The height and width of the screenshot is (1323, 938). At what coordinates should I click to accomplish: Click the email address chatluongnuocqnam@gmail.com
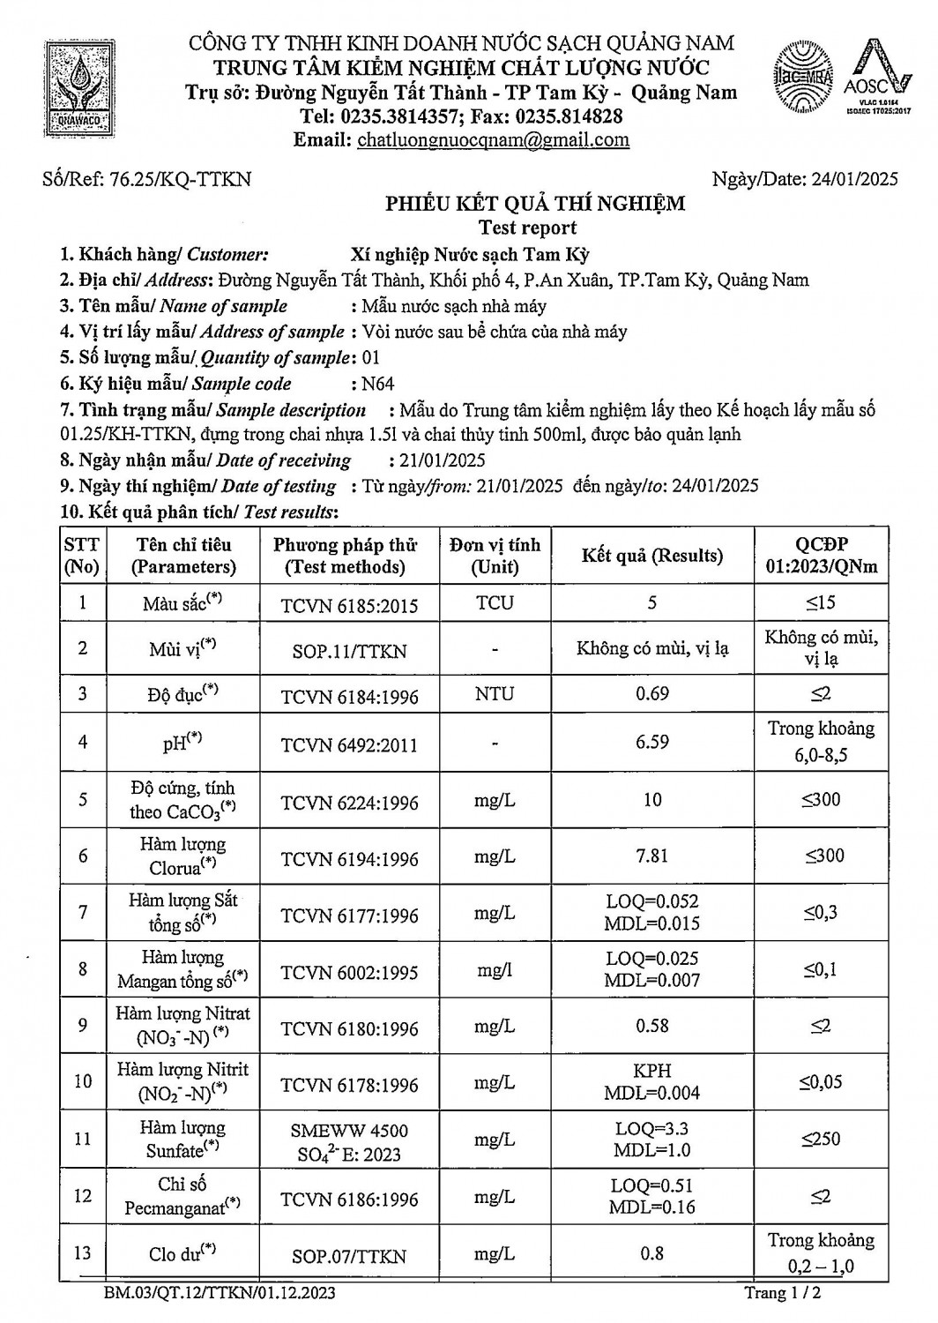point(493,139)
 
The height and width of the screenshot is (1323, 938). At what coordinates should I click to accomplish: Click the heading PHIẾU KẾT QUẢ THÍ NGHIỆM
point(534,205)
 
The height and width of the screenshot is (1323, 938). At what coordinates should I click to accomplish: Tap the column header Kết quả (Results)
point(651,556)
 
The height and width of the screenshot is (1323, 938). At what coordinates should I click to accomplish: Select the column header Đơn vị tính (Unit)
point(495,556)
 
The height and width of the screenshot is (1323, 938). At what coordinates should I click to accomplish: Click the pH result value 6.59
point(651,742)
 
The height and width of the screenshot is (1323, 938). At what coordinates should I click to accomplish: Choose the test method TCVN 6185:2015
point(349,605)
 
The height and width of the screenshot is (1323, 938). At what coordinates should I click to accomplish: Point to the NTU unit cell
point(495,694)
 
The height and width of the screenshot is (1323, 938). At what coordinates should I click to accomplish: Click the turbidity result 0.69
point(651,694)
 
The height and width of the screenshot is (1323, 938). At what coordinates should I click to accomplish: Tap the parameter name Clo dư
point(182,1253)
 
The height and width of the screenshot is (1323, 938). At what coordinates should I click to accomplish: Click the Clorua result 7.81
point(651,856)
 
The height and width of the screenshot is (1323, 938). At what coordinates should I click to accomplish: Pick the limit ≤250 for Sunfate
point(821,1140)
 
